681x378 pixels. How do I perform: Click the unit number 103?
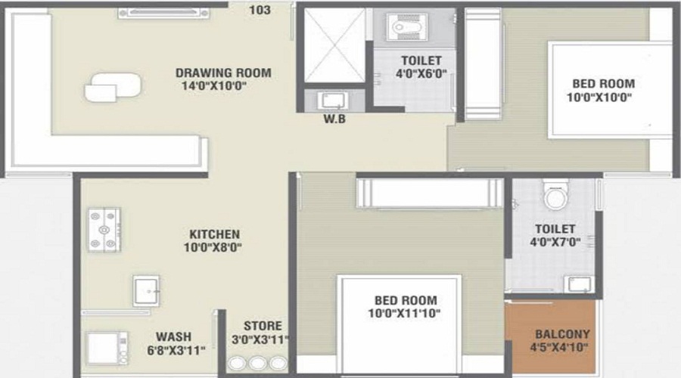(260, 10)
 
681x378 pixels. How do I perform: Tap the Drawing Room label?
(223, 73)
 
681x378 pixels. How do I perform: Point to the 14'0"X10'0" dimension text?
(214, 85)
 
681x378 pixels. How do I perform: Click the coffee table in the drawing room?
(113, 87)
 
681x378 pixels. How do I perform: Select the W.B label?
(334, 119)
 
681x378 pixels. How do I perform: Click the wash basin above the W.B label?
(333, 101)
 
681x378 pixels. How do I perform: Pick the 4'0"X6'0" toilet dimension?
(421, 74)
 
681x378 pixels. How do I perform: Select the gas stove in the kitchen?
(104, 230)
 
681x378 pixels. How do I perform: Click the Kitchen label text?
(215, 234)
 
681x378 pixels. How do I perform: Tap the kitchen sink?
(146, 291)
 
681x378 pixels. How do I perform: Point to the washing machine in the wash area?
(107, 348)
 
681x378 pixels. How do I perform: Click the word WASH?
(174, 336)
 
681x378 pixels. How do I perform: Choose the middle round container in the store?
(257, 363)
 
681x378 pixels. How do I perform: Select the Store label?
(263, 326)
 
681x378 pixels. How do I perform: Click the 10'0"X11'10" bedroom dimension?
(404, 313)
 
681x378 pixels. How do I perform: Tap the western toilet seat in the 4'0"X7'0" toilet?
(555, 195)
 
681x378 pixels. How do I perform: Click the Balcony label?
(562, 334)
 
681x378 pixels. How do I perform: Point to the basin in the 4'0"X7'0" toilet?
(580, 284)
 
